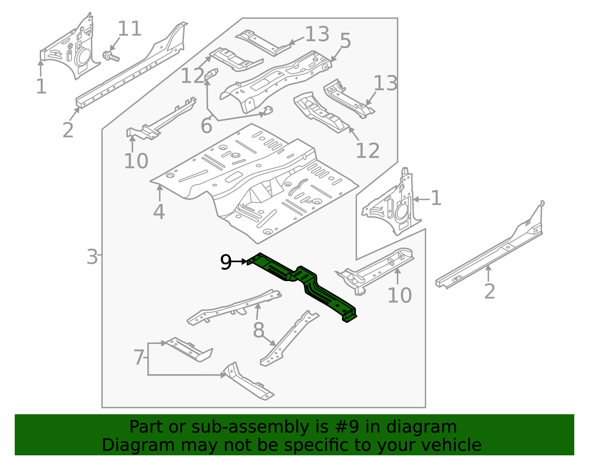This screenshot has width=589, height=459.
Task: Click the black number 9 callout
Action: point(226,262)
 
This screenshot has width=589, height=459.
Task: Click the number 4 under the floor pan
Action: point(159,212)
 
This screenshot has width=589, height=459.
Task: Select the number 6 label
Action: point(206,126)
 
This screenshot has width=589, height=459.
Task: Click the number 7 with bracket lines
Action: point(139,358)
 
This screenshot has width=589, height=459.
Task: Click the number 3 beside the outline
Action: point(92,257)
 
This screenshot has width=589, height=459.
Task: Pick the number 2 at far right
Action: point(489,291)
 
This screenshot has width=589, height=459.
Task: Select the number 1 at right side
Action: point(436,198)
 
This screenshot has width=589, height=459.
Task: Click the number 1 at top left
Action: point(41,87)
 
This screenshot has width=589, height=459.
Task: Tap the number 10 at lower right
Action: point(399,295)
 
